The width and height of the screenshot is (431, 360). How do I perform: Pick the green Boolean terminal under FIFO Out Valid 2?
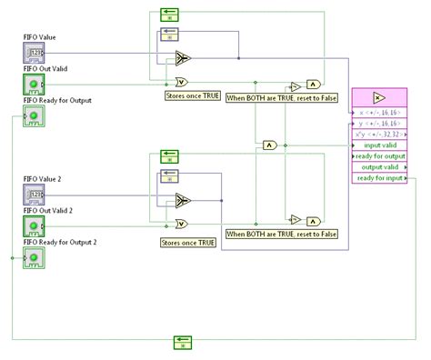(x=33, y=225)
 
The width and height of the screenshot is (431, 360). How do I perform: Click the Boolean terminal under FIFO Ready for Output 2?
(x=33, y=255)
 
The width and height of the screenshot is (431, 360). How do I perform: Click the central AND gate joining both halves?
(x=270, y=145)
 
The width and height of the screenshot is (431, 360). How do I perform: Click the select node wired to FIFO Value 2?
(x=184, y=200)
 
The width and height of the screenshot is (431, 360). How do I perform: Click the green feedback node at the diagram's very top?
(x=171, y=13)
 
